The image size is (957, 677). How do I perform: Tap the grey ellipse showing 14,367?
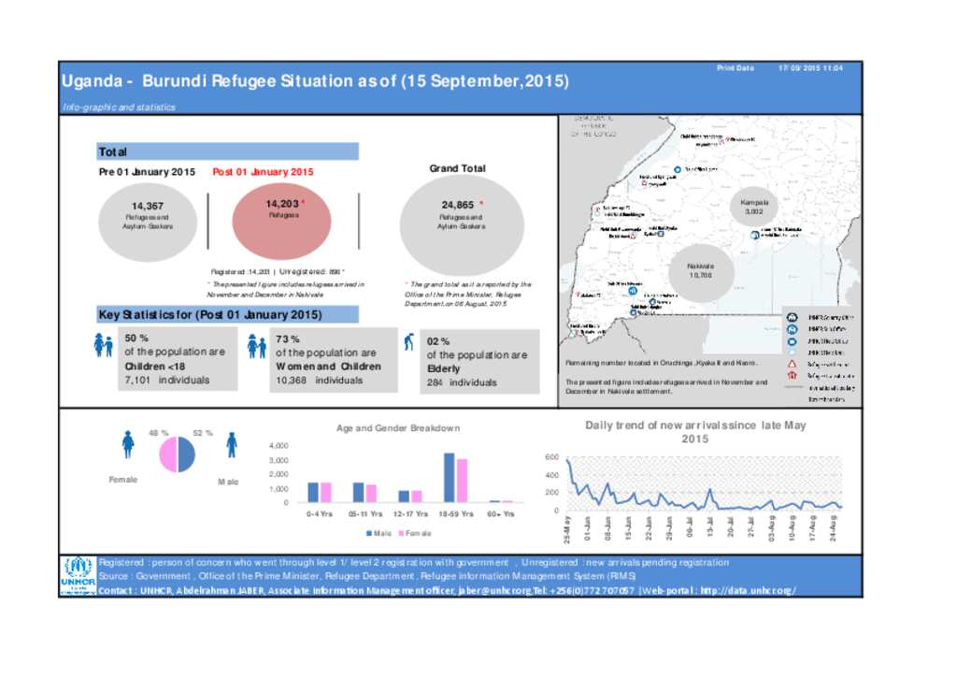pyautogui.click(x=148, y=223)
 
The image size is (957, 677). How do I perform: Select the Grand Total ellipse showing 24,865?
pyautogui.click(x=462, y=223)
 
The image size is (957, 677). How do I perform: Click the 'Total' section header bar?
pyautogui.click(x=228, y=151)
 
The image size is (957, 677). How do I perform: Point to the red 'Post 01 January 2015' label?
pyautogui.click(x=263, y=172)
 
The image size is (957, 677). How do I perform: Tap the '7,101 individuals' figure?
pyautogui.click(x=167, y=381)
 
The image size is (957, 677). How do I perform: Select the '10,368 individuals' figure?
pyautogui.click(x=320, y=381)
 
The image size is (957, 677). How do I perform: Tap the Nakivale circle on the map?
pyautogui.click(x=701, y=270)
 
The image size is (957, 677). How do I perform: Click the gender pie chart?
pyautogui.click(x=177, y=454)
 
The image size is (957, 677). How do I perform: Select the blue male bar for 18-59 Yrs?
pyautogui.click(x=449, y=478)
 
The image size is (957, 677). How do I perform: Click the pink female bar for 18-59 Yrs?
pyautogui.click(x=462, y=481)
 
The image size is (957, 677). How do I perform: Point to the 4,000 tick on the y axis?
pyautogui.click(x=279, y=446)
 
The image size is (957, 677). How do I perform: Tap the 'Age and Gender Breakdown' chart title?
pyautogui.click(x=398, y=428)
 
